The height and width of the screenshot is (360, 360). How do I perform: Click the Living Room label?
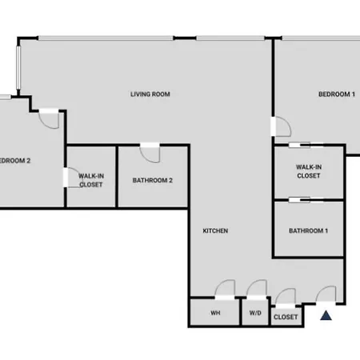coord(150,94)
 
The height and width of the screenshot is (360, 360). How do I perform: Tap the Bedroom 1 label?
coord(337,94)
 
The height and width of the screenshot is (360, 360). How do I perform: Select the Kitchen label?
coord(215,230)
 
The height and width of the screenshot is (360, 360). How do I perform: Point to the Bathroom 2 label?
coord(153,180)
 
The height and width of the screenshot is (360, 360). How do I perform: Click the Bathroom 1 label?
coord(308,230)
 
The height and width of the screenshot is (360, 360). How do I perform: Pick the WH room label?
coord(215,313)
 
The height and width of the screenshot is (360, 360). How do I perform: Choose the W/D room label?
coord(255,313)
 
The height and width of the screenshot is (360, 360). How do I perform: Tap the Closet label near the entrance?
coord(286,317)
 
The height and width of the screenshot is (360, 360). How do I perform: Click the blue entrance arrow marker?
coord(326,315)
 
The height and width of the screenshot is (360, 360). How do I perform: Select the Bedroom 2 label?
coord(15,161)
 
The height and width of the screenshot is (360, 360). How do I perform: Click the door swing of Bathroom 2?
coord(150,154)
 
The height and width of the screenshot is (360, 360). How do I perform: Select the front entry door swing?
coord(326,294)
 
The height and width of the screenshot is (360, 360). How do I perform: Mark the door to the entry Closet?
coord(286,296)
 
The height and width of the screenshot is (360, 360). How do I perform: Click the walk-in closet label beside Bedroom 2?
coord(91,180)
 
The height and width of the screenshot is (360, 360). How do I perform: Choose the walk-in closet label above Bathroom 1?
coord(309,171)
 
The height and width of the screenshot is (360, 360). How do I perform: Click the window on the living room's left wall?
coord(18,67)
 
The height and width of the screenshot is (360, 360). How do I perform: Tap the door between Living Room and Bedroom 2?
coord(49,119)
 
